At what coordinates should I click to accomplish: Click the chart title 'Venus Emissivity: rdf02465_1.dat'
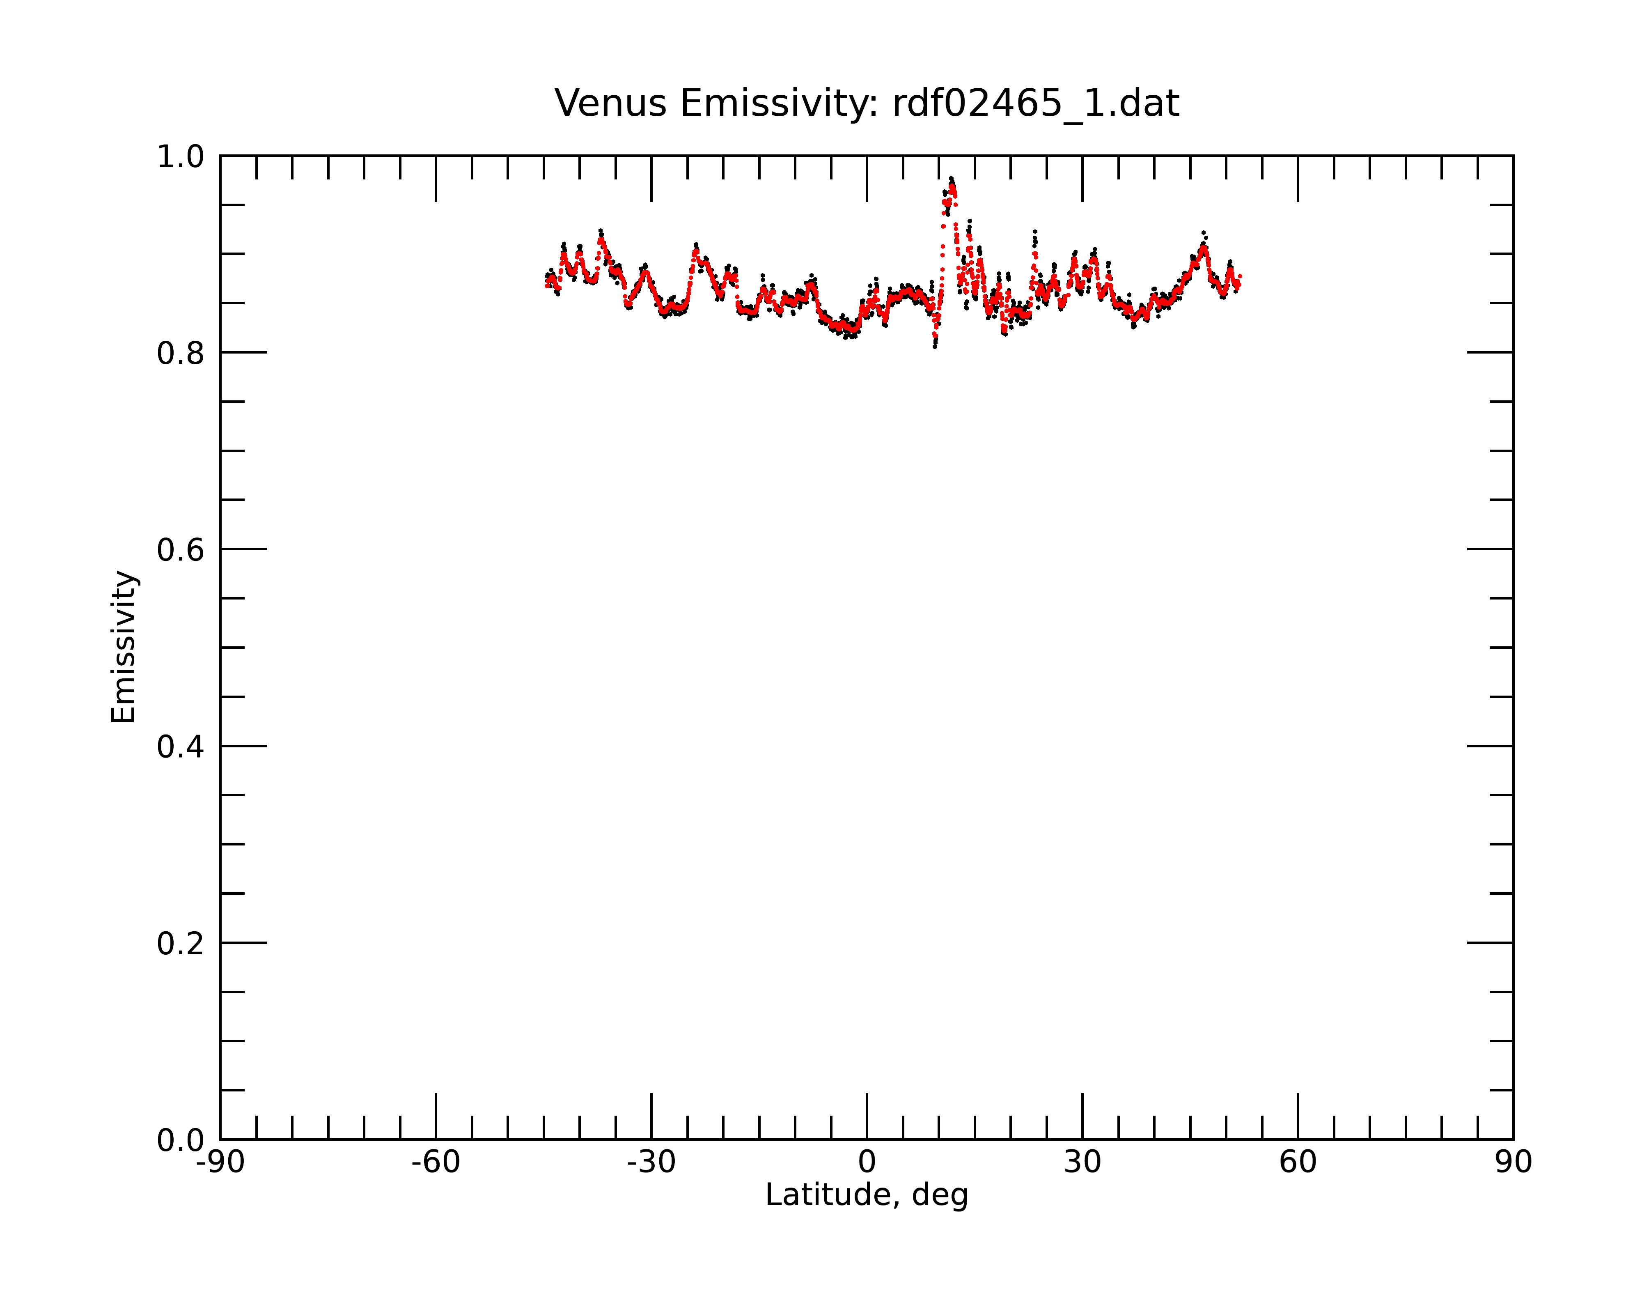click(867, 103)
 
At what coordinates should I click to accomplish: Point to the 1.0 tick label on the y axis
click(181, 158)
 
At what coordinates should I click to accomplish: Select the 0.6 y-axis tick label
click(181, 550)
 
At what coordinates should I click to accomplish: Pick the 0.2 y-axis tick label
click(181, 944)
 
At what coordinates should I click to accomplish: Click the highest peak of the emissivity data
click(951, 179)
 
